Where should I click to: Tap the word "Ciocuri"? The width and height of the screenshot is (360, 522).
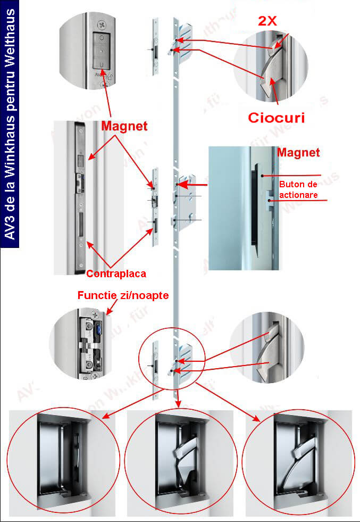[277, 117]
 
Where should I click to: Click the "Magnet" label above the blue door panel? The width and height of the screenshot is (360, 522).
[298, 153]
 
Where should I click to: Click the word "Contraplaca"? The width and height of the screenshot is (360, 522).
[116, 274]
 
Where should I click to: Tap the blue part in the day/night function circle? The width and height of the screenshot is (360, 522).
[99, 332]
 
